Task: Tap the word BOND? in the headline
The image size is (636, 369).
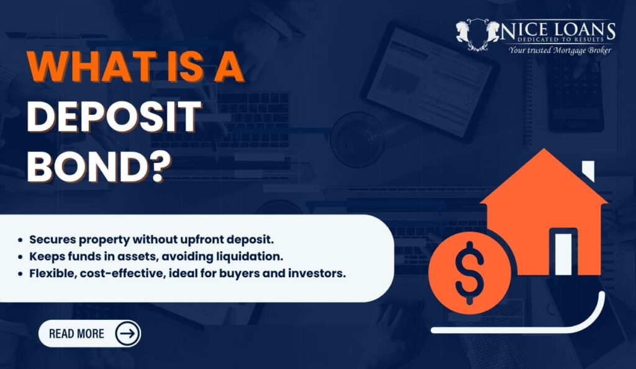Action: coord(96,164)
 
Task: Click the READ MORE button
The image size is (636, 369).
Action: coord(77,334)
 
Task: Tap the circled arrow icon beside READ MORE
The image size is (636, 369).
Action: coord(127,334)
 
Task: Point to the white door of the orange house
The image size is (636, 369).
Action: coord(562,251)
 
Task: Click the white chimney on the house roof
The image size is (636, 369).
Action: coord(587,171)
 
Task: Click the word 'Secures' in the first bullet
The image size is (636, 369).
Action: coord(50,239)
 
